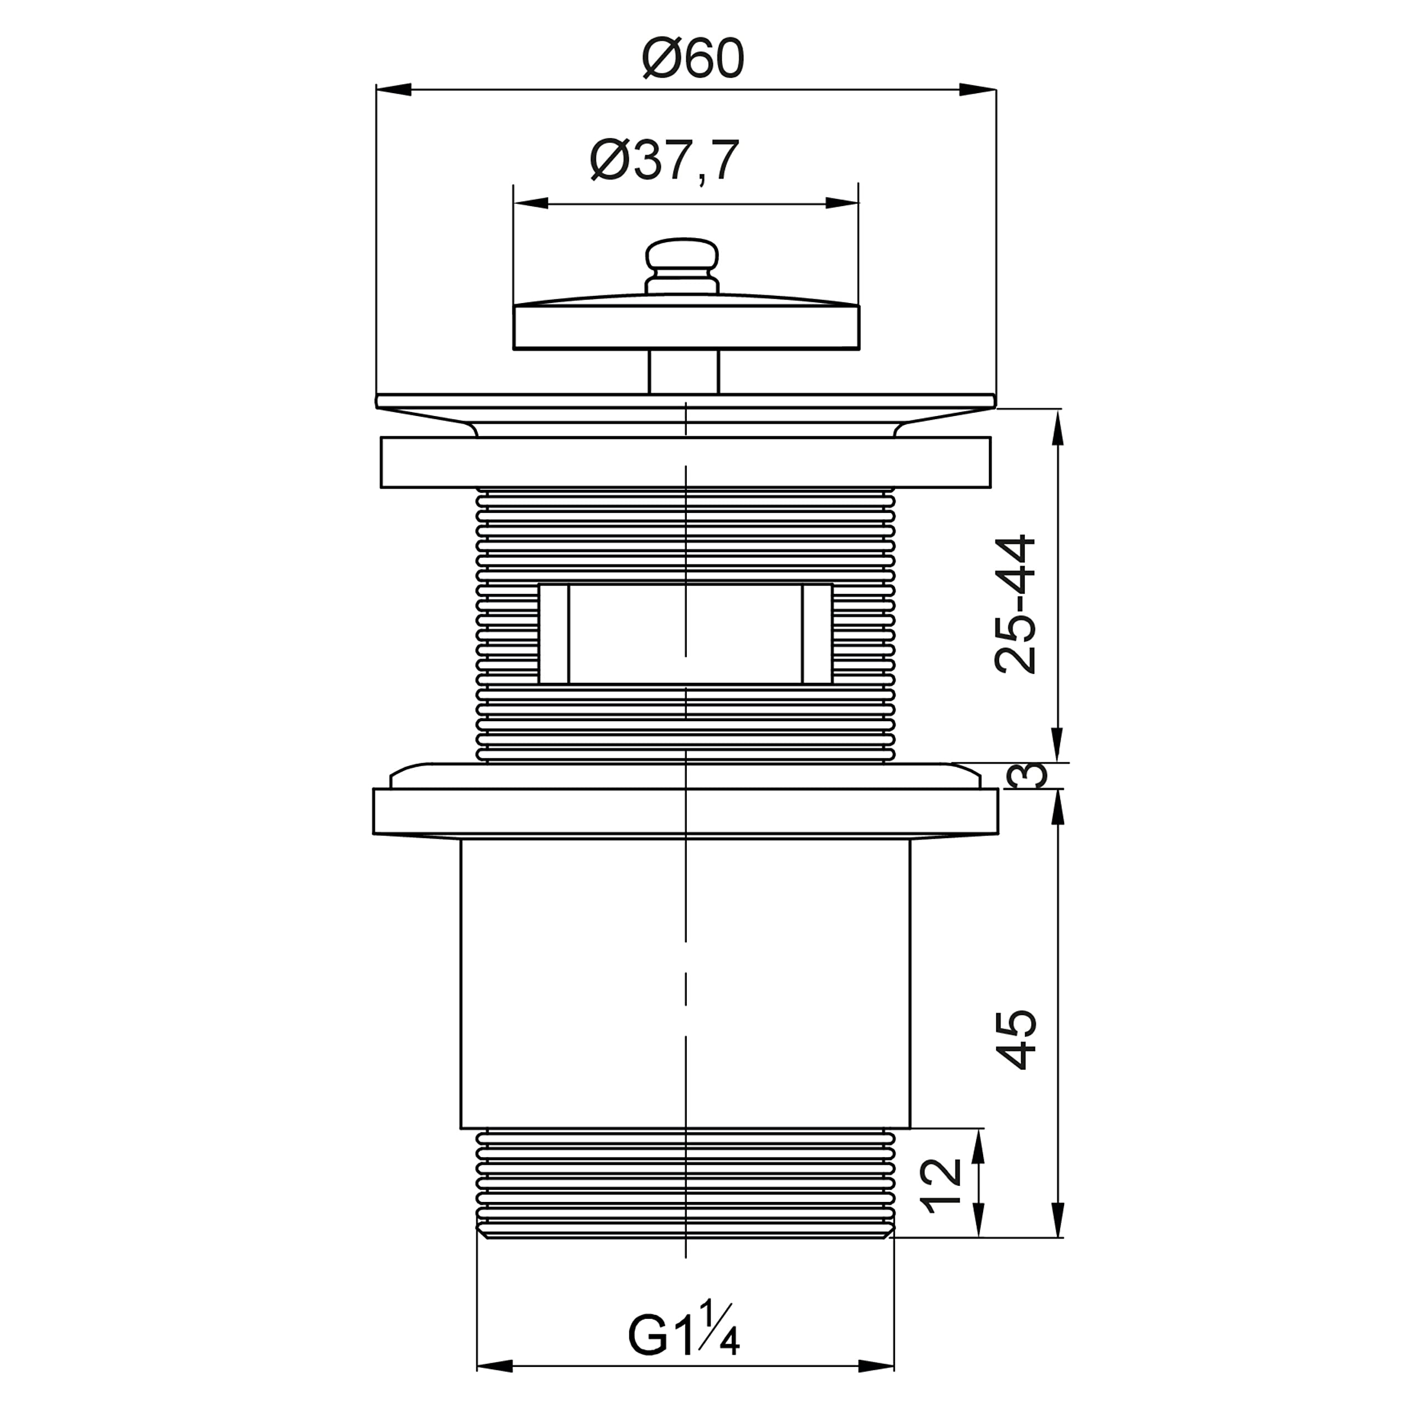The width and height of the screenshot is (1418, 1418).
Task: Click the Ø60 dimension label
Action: pos(693,59)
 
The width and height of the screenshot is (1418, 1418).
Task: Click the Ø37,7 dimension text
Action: pos(664,160)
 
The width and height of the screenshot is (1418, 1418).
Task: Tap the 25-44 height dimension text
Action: pos(1016,604)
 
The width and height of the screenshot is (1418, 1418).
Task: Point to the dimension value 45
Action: pos(1016,1040)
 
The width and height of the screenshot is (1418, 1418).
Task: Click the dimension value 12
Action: pos(941,1185)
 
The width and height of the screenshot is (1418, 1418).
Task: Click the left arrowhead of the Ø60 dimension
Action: pos(393,90)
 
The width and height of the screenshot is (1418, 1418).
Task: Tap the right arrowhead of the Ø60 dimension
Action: pos(978,90)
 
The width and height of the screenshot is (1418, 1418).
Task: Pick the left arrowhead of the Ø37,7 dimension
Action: pos(530,203)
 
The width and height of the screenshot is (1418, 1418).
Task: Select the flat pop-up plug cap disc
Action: pos(686,327)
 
